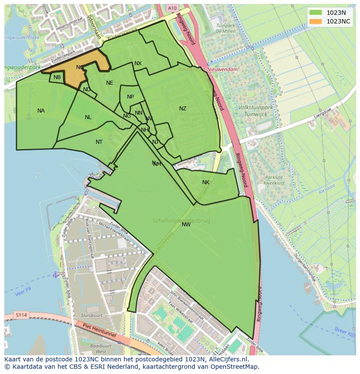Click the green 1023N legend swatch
(316, 13)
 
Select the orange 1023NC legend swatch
(316, 21)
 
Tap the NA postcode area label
(41, 111)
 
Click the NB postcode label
(57, 78)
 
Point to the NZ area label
(183, 109)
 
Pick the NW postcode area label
(186, 225)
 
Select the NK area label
(206, 182)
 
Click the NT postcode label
(99, 142)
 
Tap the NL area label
(88, 117)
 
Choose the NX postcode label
(138, 63)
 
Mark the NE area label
(110, 83)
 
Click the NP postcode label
(130, 97)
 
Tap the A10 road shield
(172, 8)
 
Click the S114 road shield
(20, 314)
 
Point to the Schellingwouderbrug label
(181, 221)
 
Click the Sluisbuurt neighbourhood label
(92, 316)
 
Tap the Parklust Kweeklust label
(274, 180)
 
